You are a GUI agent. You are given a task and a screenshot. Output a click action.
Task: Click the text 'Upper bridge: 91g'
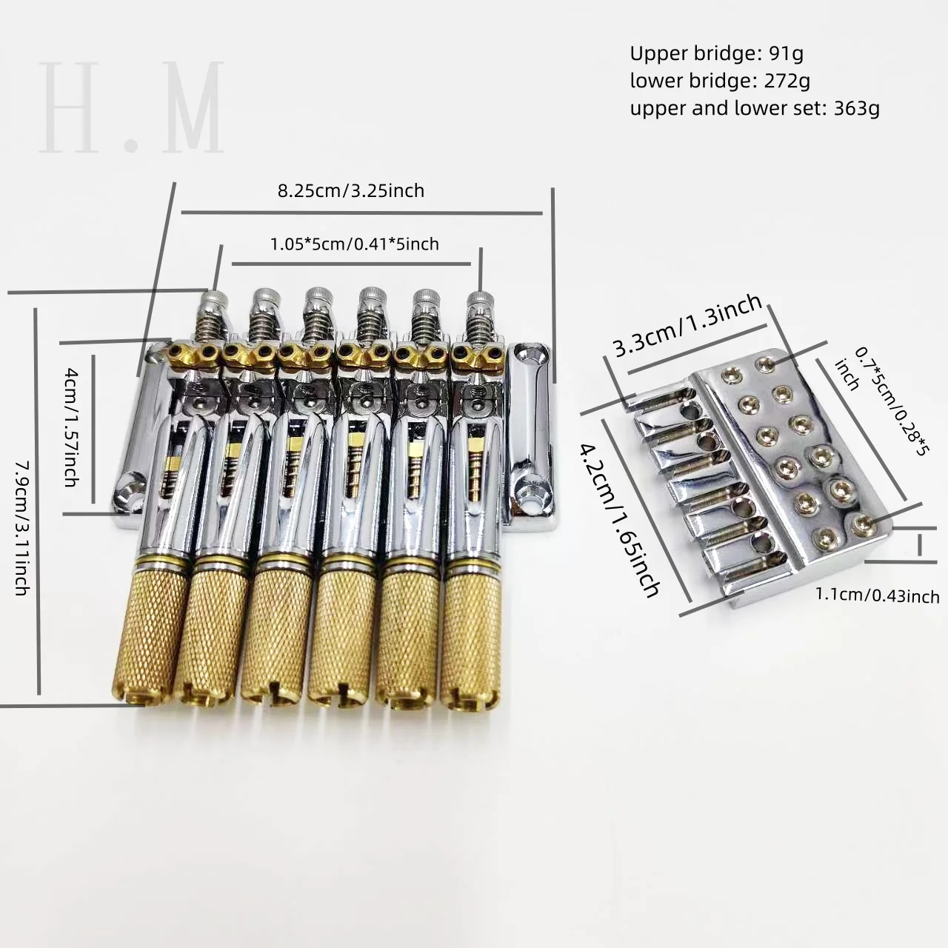(716, 53)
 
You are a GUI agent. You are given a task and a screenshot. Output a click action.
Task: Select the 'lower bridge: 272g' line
(720, 80)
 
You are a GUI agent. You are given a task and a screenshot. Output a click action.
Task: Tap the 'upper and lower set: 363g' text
(755, 107)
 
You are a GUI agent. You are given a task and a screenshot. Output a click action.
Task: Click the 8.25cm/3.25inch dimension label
(351, 190)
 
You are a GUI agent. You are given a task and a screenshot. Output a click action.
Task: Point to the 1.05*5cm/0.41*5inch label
(354, 244)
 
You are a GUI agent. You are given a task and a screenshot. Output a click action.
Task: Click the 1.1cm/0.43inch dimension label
(878, 595)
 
